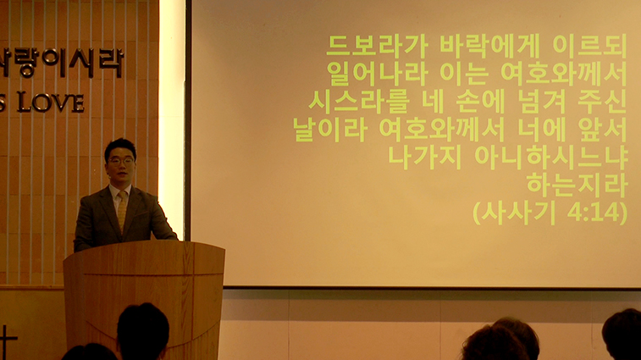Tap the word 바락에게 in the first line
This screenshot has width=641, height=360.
pyautogui.click(x=489, y=47)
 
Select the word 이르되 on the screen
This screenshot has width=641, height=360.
pyautogui.click(x=589, y=47)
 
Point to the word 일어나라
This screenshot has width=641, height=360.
pyautogui.click(x=377, y=74)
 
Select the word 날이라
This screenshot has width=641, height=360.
pyautogui.click(x=330, y=130)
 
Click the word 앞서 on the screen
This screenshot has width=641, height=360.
pyautogui.click(x=603, y=130)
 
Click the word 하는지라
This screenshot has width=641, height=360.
pyautogui.click(x=577, y=185)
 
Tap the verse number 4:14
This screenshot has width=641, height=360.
pyautogui.click(x=593, y=213)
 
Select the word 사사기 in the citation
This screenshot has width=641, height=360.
pyautogui.click(x=517, y=213)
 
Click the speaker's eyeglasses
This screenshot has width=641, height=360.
pyautogui.click(x=120, y=161)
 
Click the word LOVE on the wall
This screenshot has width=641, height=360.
pyautogui.click(x=51, y=102)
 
